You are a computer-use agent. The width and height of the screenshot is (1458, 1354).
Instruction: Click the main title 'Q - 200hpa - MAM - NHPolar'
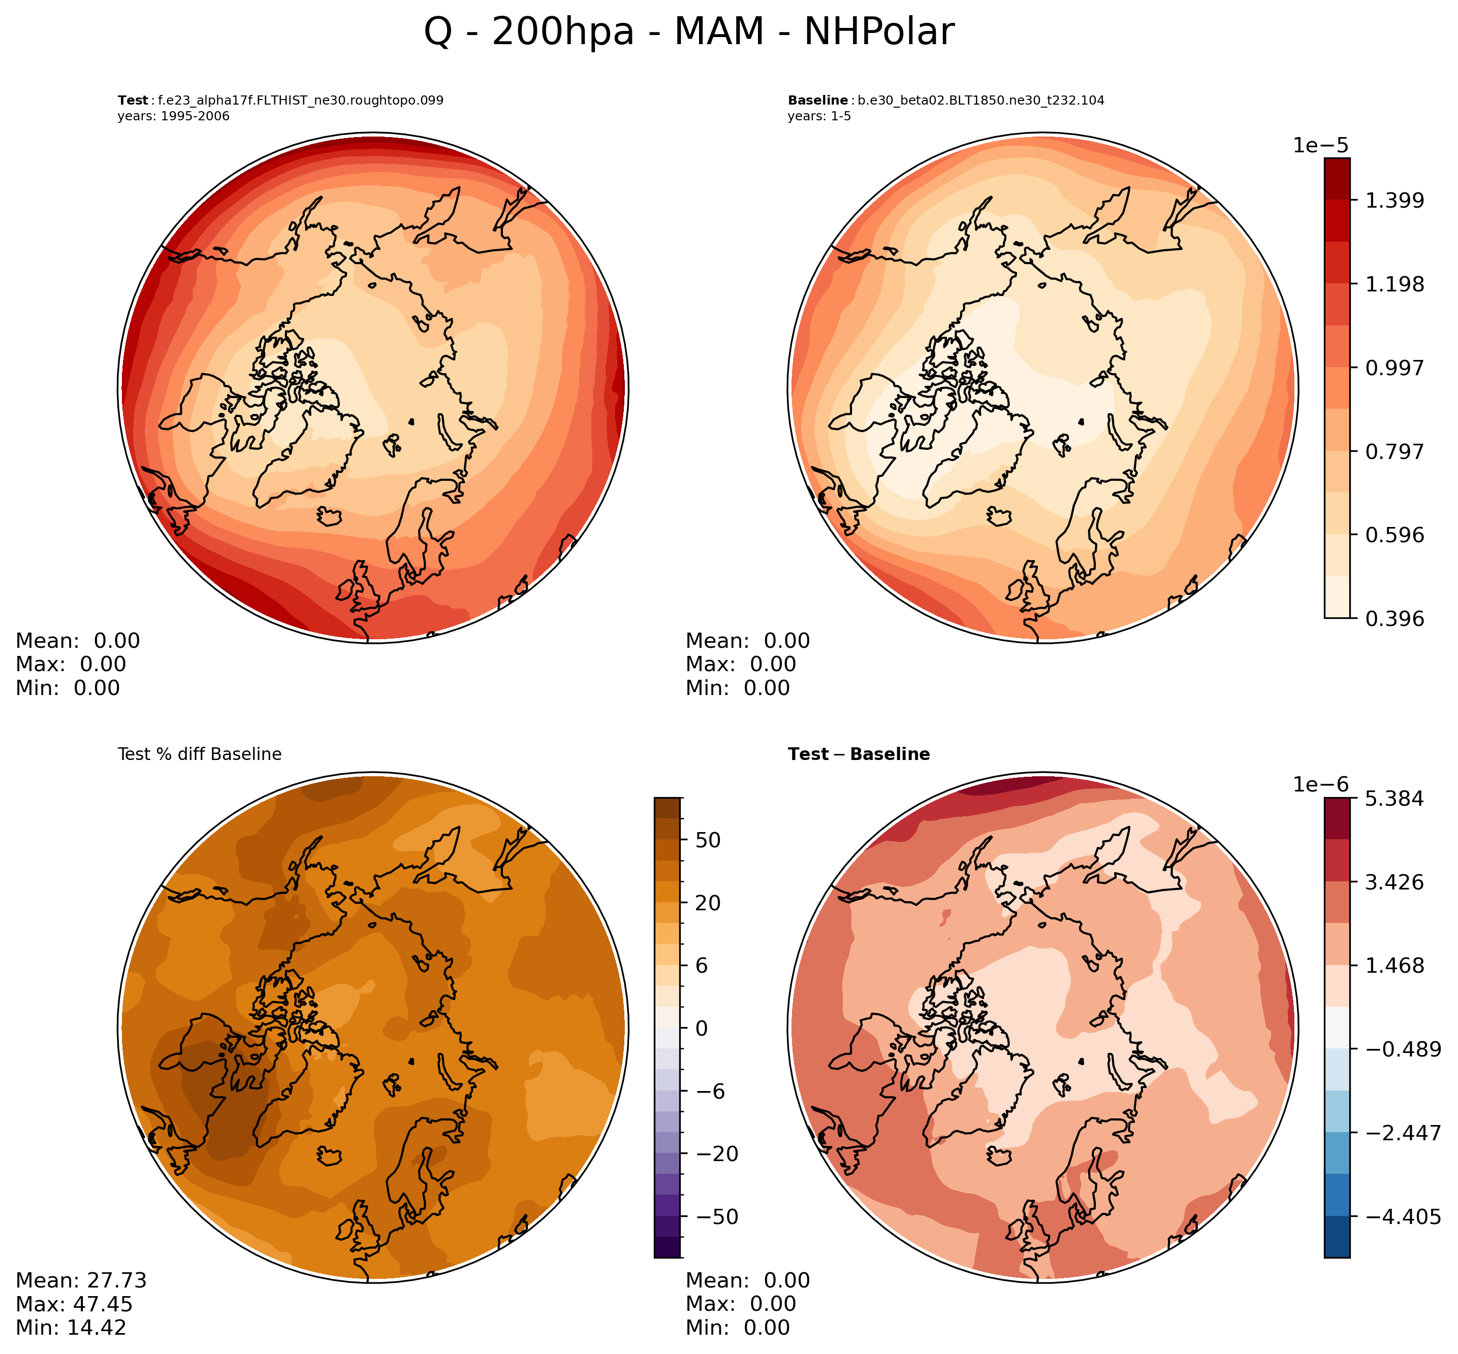pyautogui.click(x=688, y=33)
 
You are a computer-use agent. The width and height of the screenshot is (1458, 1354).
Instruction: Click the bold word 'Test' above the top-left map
pyautogui.click(x=133, y=101)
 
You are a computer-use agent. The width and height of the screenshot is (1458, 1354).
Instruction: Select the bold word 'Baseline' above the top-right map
pyautogui.click(x=817, y=101)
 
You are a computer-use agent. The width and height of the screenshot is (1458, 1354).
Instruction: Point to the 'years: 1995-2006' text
pyautogui.click(x=173, y=116)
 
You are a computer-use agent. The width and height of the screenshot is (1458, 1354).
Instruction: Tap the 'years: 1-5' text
pyautogui.click(x=819, y=116)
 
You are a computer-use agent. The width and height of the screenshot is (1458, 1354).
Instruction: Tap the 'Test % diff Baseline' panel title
pyautogui.click(x=199, y=754)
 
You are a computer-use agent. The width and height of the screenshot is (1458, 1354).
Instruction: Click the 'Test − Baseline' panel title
pyautogui.click(x=859, y=754)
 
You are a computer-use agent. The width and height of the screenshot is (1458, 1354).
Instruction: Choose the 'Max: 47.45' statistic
pyautogui.click(x=74, y=1304)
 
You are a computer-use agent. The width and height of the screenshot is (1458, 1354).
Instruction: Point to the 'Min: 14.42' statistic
pyautogui.click(x=71, y=1328)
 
